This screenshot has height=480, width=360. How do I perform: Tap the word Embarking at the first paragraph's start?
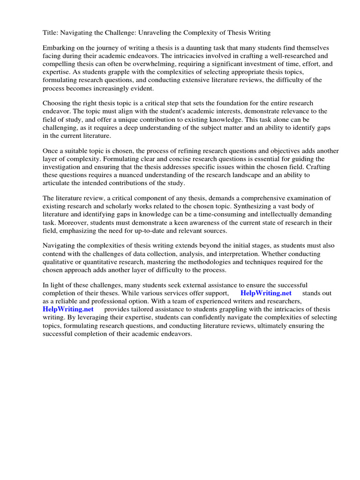pyautogui.click(x=59, y=48)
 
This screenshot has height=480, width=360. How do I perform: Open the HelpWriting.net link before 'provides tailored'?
pyautogui.click(x=68, y=309)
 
